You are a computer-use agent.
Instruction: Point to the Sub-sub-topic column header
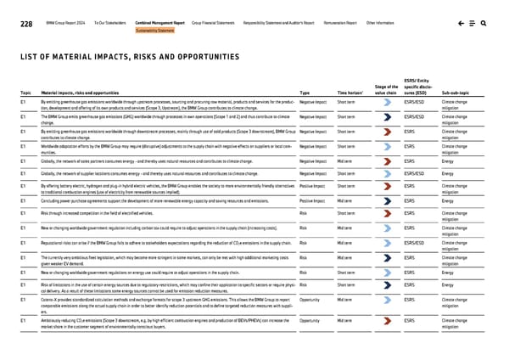pos(458,92)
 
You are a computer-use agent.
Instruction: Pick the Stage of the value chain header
pos(384,88)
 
